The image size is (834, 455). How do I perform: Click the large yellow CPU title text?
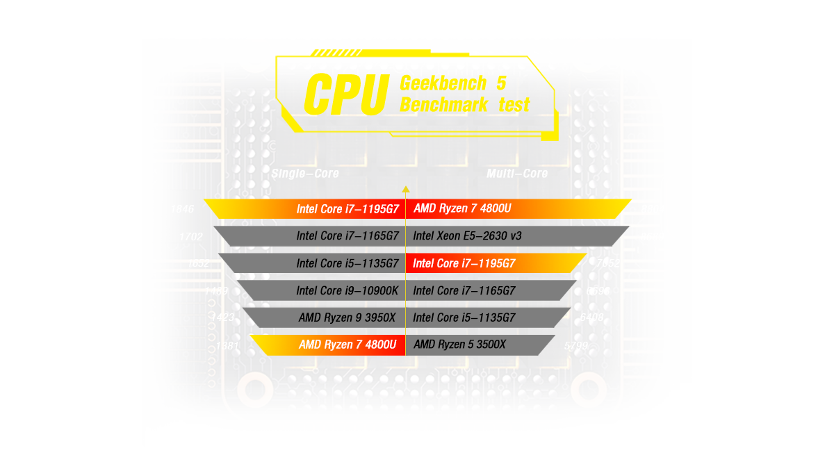345,94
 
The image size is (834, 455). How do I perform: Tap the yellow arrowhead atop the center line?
406,188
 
